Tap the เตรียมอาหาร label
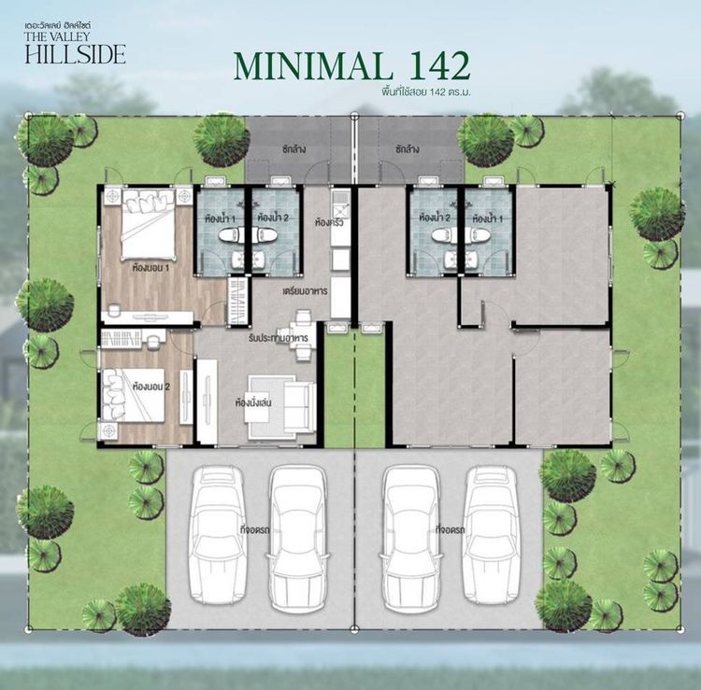(303, 290)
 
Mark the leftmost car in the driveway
(216, 532)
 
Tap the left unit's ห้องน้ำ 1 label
(220, 219)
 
